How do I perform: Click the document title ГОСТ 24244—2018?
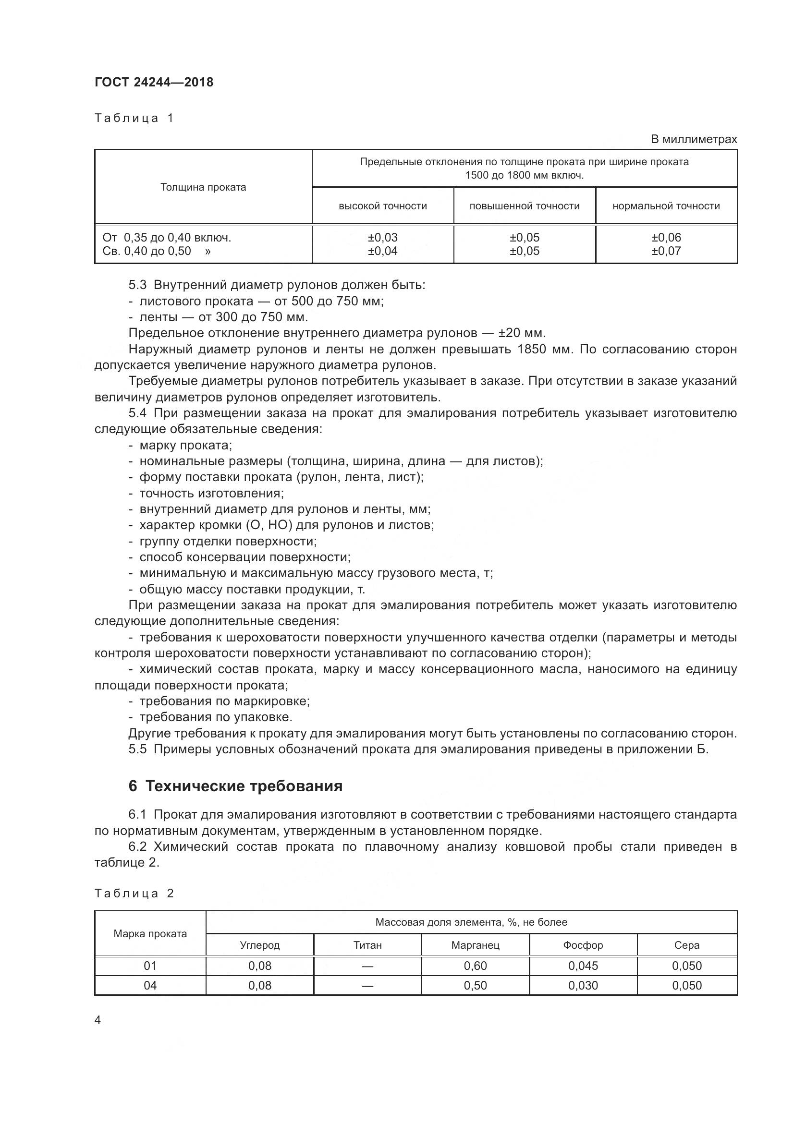click(154, 82)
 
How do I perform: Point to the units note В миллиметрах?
click(693, 139)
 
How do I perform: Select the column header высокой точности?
click(382, 206)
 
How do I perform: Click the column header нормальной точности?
click(666, 206)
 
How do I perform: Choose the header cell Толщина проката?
click(203, 187)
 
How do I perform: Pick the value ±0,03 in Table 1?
click(382, 238)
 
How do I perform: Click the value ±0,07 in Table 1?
click(666, 251)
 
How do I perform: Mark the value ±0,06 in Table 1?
click(666, 238)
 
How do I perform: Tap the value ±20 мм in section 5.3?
click(522, 333)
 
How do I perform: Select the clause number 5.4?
click(137, 413)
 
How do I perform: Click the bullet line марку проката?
click(185, 445)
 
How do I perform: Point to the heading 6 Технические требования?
click(235, 786)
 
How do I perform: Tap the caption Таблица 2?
click(134, 894)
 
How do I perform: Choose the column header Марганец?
click(475, 945)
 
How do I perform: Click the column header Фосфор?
click(583, 945)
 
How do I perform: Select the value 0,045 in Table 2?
click(583, 966)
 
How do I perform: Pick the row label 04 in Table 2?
click(150, 985)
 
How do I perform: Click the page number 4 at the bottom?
click(98, 1020)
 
